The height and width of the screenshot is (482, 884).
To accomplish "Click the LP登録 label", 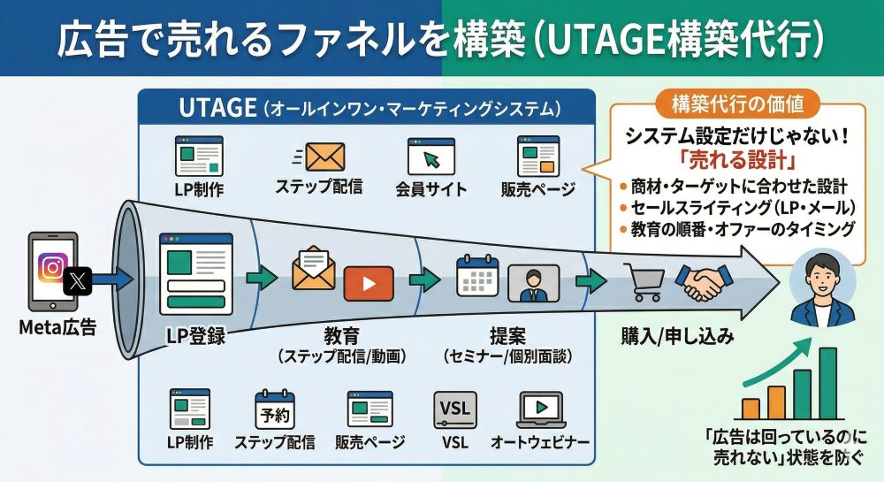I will coord(194,336).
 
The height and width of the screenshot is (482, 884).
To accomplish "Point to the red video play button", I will coord(369,282).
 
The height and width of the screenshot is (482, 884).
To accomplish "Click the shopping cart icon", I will coord(642,282).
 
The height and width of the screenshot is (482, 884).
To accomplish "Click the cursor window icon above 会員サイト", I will coord(431,157).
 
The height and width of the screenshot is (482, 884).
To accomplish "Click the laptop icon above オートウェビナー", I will coord(540,409).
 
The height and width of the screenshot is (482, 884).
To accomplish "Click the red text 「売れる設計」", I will coord(737,163).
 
